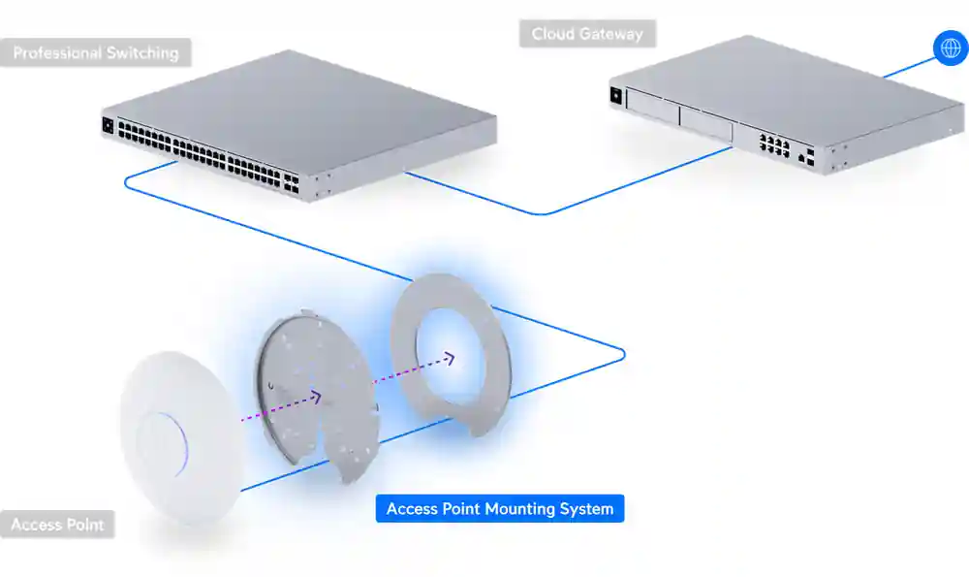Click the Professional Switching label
[96, 52]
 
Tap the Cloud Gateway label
[587, 34]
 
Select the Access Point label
[57, 526]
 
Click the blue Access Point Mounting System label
[500, 509]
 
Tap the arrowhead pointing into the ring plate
[450, 358]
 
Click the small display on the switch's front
[108, 125]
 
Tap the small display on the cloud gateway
[615, 95]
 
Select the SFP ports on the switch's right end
[292, 183]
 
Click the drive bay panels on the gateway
[678, 112]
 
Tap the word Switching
[143, 52]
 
